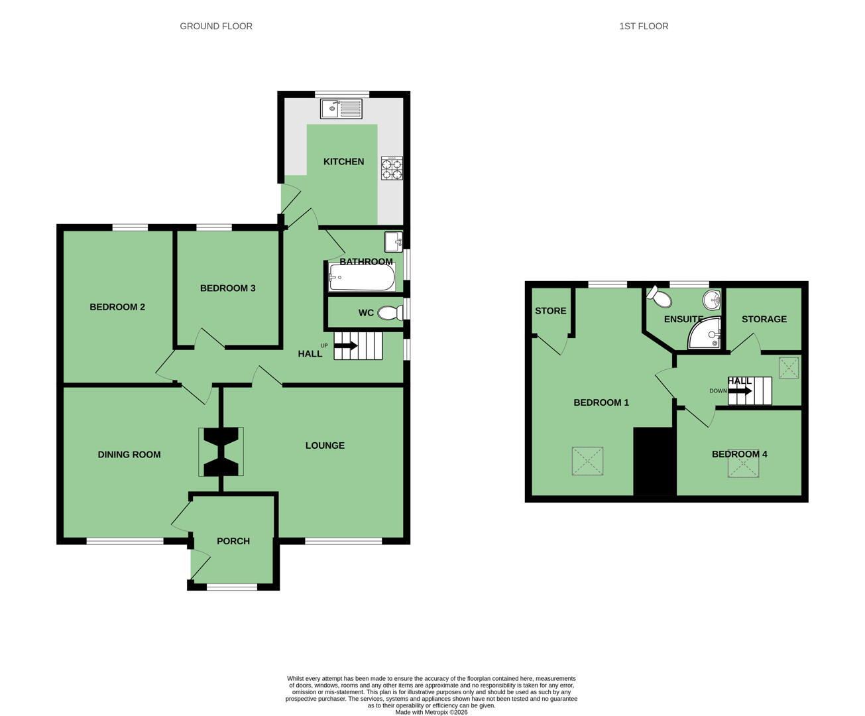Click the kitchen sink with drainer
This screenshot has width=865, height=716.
341,109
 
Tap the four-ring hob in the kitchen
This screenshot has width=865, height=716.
392,168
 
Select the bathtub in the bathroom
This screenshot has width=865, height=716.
362,277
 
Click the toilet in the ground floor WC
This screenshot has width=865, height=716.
390,313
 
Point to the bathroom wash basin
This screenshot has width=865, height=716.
394,242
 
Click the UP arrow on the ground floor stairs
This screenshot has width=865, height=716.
346,345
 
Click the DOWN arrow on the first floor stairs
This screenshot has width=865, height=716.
740,390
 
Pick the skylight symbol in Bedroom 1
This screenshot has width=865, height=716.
587,461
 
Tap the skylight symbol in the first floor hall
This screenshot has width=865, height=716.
789,367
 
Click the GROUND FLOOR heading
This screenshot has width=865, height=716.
216,26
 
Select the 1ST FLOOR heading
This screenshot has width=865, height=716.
644,26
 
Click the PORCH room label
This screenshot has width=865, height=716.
233,541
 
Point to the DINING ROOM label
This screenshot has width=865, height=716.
129,455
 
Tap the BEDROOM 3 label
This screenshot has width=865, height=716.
227,288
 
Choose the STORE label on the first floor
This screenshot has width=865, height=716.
551,311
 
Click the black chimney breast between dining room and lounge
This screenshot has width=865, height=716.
221,451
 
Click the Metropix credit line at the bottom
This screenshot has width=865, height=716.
432,712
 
